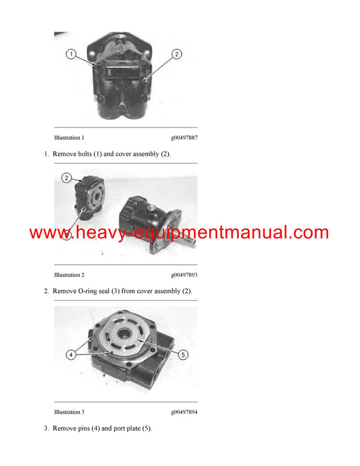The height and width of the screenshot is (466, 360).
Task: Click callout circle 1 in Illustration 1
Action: (x=71, y=55)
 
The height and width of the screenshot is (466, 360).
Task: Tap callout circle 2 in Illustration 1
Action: (x=176, y=54)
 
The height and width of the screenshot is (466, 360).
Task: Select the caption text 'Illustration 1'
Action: (x=69, y=138)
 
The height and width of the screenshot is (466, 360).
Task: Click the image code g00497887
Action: (x=184, y=138)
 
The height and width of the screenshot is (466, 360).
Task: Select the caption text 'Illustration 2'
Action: (x=69, y=274)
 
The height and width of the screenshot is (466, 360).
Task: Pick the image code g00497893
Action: (x=184, y=274)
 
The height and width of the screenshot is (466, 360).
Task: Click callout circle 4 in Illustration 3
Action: (x=70, y=355)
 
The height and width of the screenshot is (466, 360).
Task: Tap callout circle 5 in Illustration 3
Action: (x=184, y=354)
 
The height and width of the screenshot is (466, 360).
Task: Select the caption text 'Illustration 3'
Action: (x=69, y=412)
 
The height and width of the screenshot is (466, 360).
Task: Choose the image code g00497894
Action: (x=184, y=412)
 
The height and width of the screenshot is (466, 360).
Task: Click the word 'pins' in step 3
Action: (x=87, y=428)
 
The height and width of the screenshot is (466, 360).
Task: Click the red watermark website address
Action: (x=179, y=233)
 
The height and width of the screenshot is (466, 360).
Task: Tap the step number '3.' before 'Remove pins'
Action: (x=46, y=428)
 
